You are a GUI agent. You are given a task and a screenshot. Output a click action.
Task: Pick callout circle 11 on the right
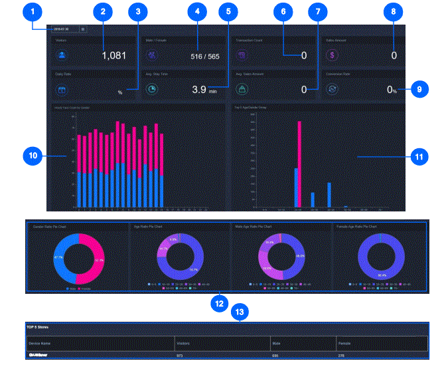419,157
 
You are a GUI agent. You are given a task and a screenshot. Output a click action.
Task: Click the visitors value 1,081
113,56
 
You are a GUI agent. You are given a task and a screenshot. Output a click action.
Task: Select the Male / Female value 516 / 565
204,57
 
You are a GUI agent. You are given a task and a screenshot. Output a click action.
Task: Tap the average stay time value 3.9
198,89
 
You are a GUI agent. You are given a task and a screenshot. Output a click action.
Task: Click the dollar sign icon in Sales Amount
333,55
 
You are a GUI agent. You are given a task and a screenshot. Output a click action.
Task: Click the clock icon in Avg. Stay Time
153,89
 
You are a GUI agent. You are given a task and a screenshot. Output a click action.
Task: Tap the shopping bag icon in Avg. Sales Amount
243,89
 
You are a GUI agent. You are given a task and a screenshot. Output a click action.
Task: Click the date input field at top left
63,29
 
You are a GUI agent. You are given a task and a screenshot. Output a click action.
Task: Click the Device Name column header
40,343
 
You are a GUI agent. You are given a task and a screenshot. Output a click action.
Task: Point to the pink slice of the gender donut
92,257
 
